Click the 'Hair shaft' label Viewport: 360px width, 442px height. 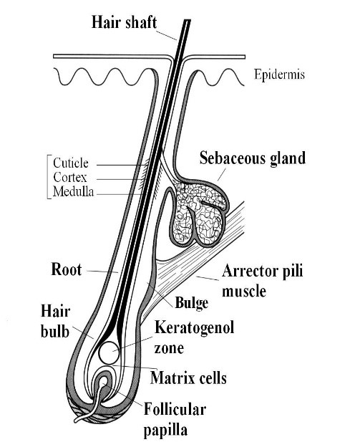tap(124, 22)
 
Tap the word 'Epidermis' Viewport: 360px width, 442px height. tap(279, 75)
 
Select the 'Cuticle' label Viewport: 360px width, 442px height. tap(71, 163)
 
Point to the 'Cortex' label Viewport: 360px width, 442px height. tap(70, 178)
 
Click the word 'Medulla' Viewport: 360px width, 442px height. tap(73, 192)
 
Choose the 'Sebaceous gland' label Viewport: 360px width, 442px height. tap(253, 158)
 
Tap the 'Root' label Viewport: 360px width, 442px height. tap(67, 269)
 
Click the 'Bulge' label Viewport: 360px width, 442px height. tap(192, 303)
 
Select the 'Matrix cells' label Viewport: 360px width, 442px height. tap(188, 378)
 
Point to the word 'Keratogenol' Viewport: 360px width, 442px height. tap(195, 327)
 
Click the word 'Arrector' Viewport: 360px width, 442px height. tap(253, 272)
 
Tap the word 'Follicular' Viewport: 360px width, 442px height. tap(175, 409)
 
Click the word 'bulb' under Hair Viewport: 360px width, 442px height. tap(55, 331)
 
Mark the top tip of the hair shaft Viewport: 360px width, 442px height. tap(188, 20)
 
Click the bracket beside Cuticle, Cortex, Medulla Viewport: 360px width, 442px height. tap(48, 177)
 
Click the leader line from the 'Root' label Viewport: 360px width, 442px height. tap(102, 272)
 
